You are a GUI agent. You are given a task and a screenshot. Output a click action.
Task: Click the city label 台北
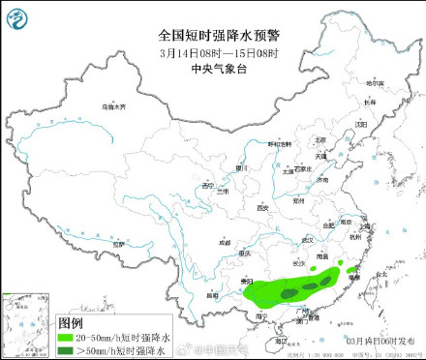[x=380, y=274]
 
